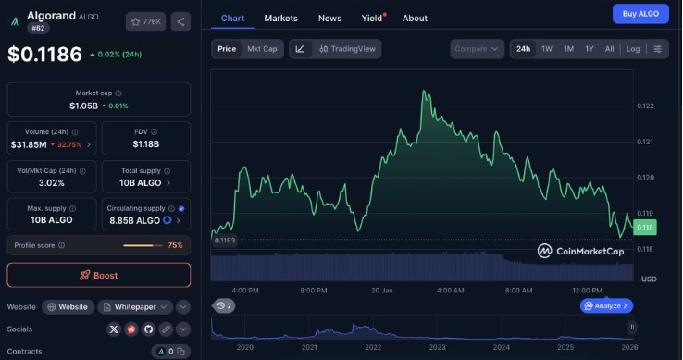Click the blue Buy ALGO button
point(640,14)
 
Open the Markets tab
point(281,19)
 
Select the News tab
point(329,19)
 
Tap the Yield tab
point(372,19)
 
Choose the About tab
point(415,19)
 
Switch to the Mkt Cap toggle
point(262,49)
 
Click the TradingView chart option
point(348,49)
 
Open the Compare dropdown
point(477,49)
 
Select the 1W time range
point(547,49)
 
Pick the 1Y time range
point(590,49)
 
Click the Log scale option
point(633,49)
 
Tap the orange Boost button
point(99,275)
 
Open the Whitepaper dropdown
point(135,307)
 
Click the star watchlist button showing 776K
point(146,22)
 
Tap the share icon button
point(180,22)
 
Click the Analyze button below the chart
point(606,306)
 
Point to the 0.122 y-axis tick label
point(645,106)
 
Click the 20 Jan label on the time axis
point(382,291)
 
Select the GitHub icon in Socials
point(148,329)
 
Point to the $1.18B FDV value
point(146,143)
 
